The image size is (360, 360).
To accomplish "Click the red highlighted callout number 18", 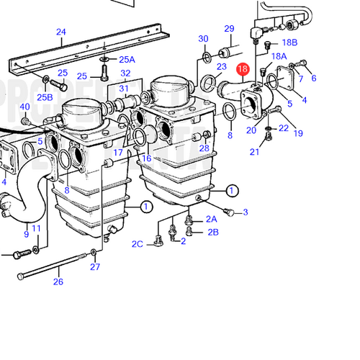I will [243, 70].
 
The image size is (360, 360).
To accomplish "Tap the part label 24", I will [60, 32].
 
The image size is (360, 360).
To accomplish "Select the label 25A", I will [126, 60].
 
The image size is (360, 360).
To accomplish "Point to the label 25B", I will [45, 97].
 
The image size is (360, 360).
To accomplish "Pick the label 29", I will [229, 29].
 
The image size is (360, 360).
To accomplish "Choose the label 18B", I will [289, 43].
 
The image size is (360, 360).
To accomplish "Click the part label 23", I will [221, 67].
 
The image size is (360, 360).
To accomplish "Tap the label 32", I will [126, 73].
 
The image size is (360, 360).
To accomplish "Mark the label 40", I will [24, 107].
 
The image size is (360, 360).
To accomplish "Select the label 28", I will [204, 148].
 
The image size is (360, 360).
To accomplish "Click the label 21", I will [255, 151].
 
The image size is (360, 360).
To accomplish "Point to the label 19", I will [297, 133].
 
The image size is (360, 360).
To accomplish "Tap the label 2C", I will [138, 244].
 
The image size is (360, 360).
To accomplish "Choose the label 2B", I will [213, 232].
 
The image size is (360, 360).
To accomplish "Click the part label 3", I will [245, 212].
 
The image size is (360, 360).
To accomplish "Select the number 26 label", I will [58, 282].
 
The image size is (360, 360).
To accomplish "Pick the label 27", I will [95, 267].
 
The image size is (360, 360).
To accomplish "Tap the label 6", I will [313, 78].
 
